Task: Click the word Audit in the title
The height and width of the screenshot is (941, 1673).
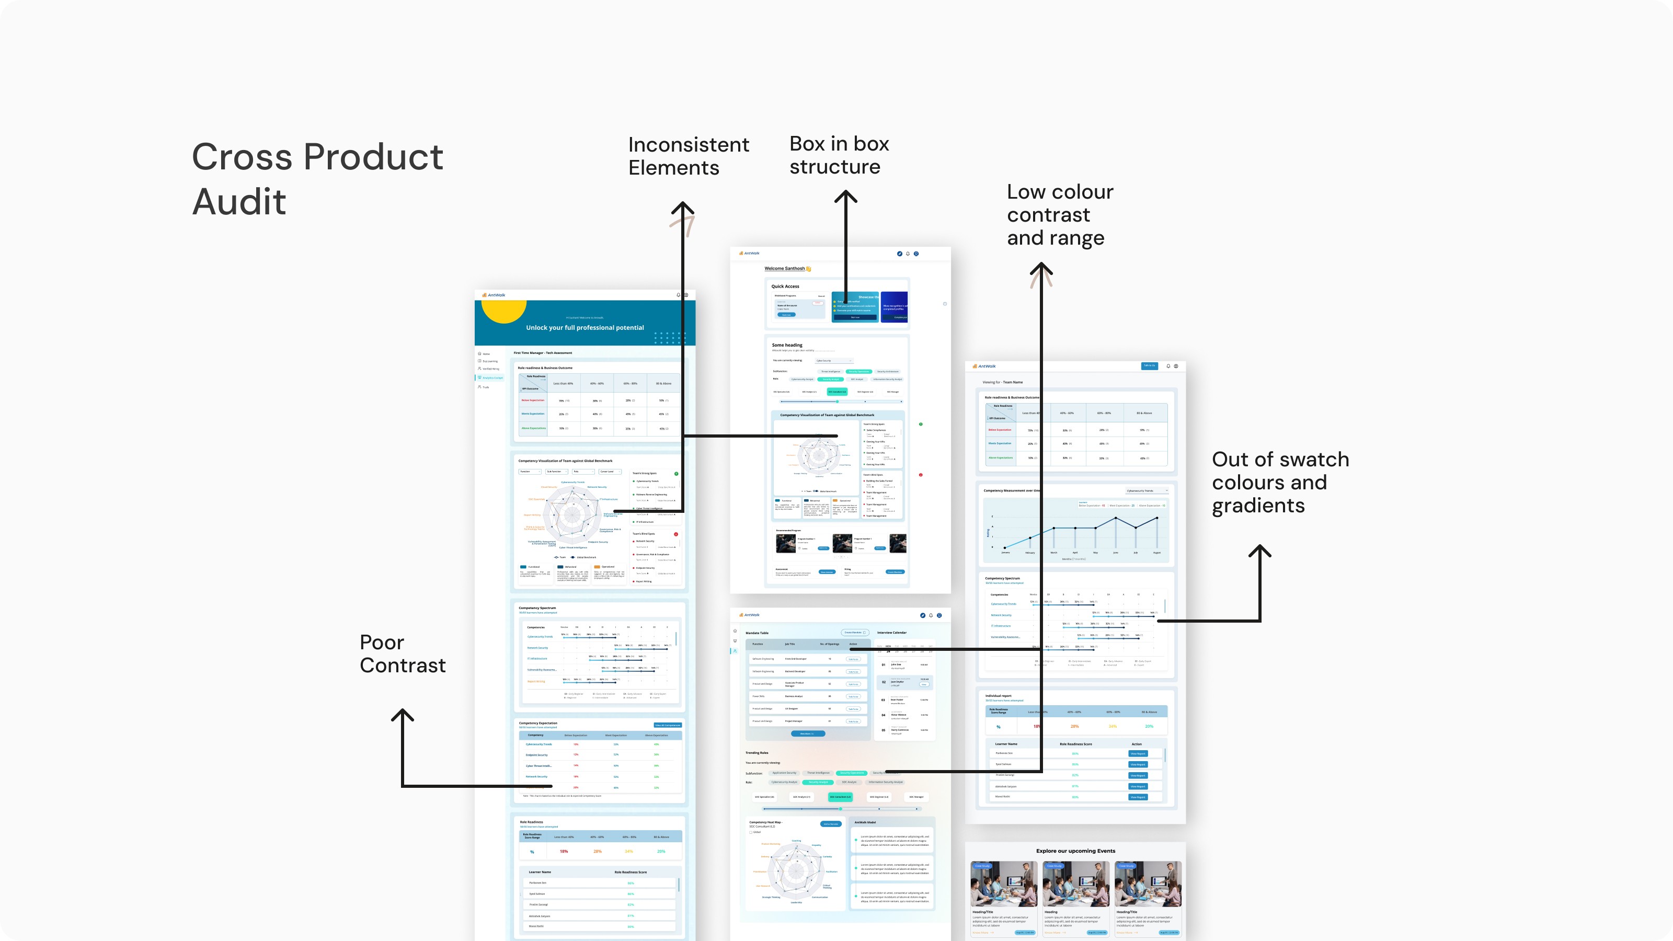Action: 239,201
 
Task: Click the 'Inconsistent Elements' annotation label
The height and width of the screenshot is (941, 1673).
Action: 689,156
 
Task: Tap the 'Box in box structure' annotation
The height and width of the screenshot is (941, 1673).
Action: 839,155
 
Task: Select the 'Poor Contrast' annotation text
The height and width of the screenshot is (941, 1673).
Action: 403,653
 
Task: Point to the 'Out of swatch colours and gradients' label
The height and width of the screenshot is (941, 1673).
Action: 1280,482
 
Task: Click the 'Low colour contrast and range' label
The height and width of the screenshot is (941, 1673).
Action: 1060,214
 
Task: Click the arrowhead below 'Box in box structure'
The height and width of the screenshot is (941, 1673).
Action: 845,196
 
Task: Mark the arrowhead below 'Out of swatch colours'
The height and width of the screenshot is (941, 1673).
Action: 1260,550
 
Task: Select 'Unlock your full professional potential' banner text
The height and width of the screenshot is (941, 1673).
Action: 585,328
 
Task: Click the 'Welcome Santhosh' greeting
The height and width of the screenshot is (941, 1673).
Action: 785,268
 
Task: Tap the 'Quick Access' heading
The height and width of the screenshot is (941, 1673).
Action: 785,286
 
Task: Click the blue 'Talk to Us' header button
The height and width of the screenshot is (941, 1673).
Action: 1149,365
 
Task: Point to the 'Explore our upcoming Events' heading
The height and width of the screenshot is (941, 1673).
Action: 1075,851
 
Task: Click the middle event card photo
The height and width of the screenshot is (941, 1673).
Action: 1075,884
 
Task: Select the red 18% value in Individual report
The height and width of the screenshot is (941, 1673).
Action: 1037,726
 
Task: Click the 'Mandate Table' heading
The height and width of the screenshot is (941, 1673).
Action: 757,633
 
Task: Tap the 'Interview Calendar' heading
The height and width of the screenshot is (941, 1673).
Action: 892,633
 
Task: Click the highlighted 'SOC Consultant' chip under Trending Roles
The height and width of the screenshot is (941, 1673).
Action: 840,797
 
